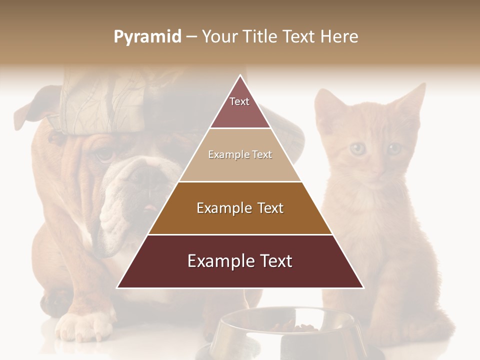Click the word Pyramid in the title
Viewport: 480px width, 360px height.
pos(147,37)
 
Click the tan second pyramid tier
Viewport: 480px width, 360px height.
pos(240,155)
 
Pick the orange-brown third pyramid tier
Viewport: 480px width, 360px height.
pos(240,208)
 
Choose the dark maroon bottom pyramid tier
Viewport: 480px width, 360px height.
pos(240,261)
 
